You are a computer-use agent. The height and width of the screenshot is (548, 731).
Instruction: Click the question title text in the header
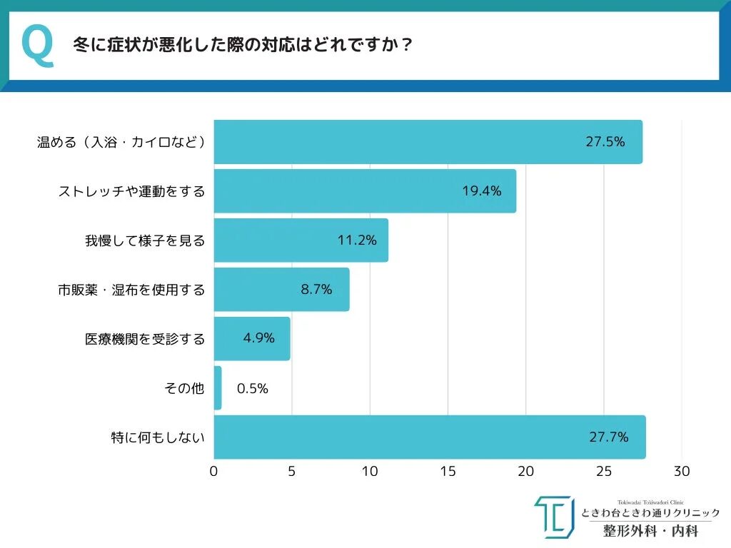click(x=243, y=45)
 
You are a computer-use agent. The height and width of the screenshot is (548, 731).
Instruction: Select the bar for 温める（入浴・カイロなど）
click(x=428, y=142)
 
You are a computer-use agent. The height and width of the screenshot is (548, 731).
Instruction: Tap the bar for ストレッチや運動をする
click(x=365, y=191)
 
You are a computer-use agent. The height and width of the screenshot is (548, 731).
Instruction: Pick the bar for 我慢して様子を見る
click(x=301, y=240)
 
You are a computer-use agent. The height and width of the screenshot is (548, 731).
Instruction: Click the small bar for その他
click(x=218, y=388)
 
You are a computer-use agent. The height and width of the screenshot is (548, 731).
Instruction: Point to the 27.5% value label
click(x=605, y=141)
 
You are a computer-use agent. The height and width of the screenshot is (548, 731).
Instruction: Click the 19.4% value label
click(x=481, y=191)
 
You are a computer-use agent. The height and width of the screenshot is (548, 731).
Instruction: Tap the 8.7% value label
click(x=316, y=290)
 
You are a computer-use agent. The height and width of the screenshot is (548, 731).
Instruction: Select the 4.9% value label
click(x=258, y=338)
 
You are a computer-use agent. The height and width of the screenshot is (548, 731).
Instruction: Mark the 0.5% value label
click(x=252, y=389)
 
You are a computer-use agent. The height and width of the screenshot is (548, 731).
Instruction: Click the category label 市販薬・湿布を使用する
click(x=131, y=290)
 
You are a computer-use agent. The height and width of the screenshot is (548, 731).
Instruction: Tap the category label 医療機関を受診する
click(x=145, y=339)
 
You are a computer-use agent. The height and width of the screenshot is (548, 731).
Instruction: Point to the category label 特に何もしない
click(x=158, y=437)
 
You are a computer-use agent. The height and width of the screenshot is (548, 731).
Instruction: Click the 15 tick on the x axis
click(x=448, y=472)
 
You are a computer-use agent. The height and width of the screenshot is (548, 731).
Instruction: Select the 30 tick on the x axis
click(x=682, y=472)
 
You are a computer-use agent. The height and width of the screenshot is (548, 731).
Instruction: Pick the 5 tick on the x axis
click(x=291, y=472)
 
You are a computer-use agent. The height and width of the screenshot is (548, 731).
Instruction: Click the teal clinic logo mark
click(x=553, y=517)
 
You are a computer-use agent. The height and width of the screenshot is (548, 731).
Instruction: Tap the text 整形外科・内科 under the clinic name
click(x=650, y=531)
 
